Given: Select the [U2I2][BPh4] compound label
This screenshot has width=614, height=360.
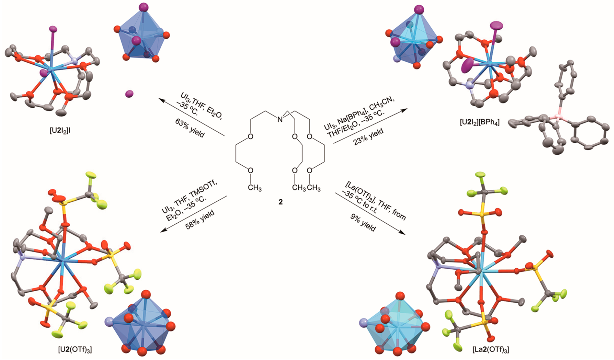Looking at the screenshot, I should tap(480, 122).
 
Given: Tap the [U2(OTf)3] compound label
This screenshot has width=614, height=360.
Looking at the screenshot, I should tap(75, 350).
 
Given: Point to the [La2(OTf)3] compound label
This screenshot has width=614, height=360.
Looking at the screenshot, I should tap(491, 349).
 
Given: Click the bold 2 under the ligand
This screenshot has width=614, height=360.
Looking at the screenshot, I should tap(280, 202).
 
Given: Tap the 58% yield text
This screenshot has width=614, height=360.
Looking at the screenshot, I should tap(200, 220).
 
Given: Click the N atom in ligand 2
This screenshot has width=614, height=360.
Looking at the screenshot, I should tap(280, 120).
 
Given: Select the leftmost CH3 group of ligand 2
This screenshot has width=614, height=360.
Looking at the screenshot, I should tap(254, 188).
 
